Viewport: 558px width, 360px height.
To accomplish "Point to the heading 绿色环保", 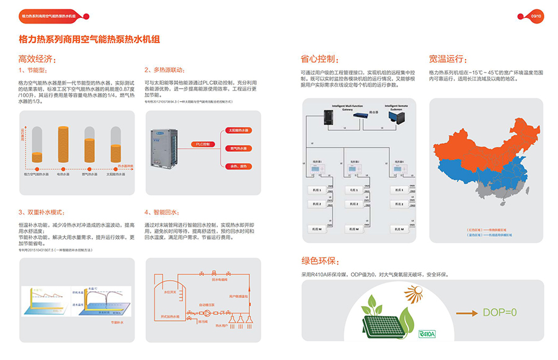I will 320,261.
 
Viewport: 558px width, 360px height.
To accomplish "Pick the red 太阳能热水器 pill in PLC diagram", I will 237,131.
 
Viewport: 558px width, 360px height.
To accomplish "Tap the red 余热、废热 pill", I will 237,165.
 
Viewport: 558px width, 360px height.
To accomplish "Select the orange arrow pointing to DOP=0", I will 466,313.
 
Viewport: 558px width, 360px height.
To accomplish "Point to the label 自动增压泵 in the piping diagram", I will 207,304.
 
